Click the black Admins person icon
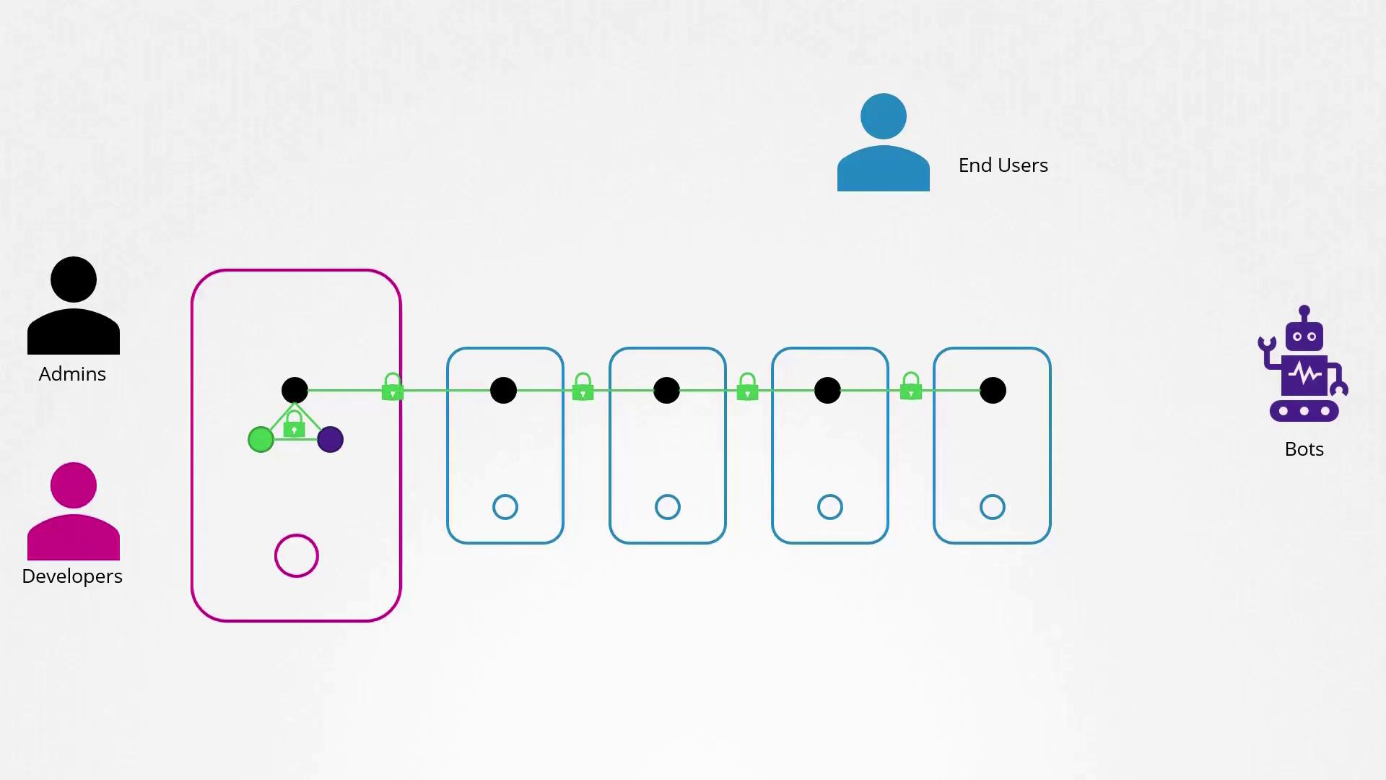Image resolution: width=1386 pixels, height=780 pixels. (74, 305)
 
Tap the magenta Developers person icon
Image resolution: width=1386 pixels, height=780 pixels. (74, 511)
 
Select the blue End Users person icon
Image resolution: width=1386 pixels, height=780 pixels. (884, 142)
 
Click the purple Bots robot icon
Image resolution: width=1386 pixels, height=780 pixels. (1304, 364)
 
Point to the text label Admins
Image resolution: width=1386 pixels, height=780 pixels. (72, 374)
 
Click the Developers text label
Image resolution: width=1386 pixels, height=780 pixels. (72, 576)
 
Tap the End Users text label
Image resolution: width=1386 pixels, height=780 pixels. (1003, 165)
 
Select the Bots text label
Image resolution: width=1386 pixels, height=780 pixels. (1304, 449)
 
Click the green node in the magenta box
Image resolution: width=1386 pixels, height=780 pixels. (261, 439)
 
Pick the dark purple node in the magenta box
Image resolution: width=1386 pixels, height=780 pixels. (330, 439)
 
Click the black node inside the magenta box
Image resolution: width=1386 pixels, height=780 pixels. (295, 390)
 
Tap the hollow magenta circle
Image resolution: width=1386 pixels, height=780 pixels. (297, 534)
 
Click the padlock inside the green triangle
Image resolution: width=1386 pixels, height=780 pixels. (294, 425)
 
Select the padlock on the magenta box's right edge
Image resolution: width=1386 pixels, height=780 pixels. (392, 387)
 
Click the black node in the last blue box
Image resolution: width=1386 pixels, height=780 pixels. (993, 390)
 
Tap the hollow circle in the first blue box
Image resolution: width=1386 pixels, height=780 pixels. (505, 495)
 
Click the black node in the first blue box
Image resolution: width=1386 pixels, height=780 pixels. (503, 390)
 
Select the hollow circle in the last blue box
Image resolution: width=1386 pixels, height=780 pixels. (993, 495)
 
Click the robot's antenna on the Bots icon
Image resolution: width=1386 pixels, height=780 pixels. (1304, 315)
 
